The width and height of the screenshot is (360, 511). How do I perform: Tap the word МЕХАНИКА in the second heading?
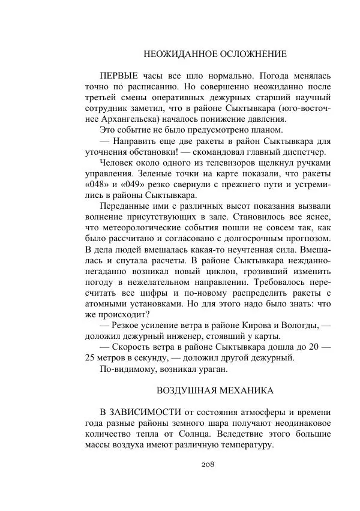[x=246, y=390]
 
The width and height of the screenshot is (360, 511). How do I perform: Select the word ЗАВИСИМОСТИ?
[x=143, y=412]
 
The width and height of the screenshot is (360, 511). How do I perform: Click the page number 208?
[x=208, y=464]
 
